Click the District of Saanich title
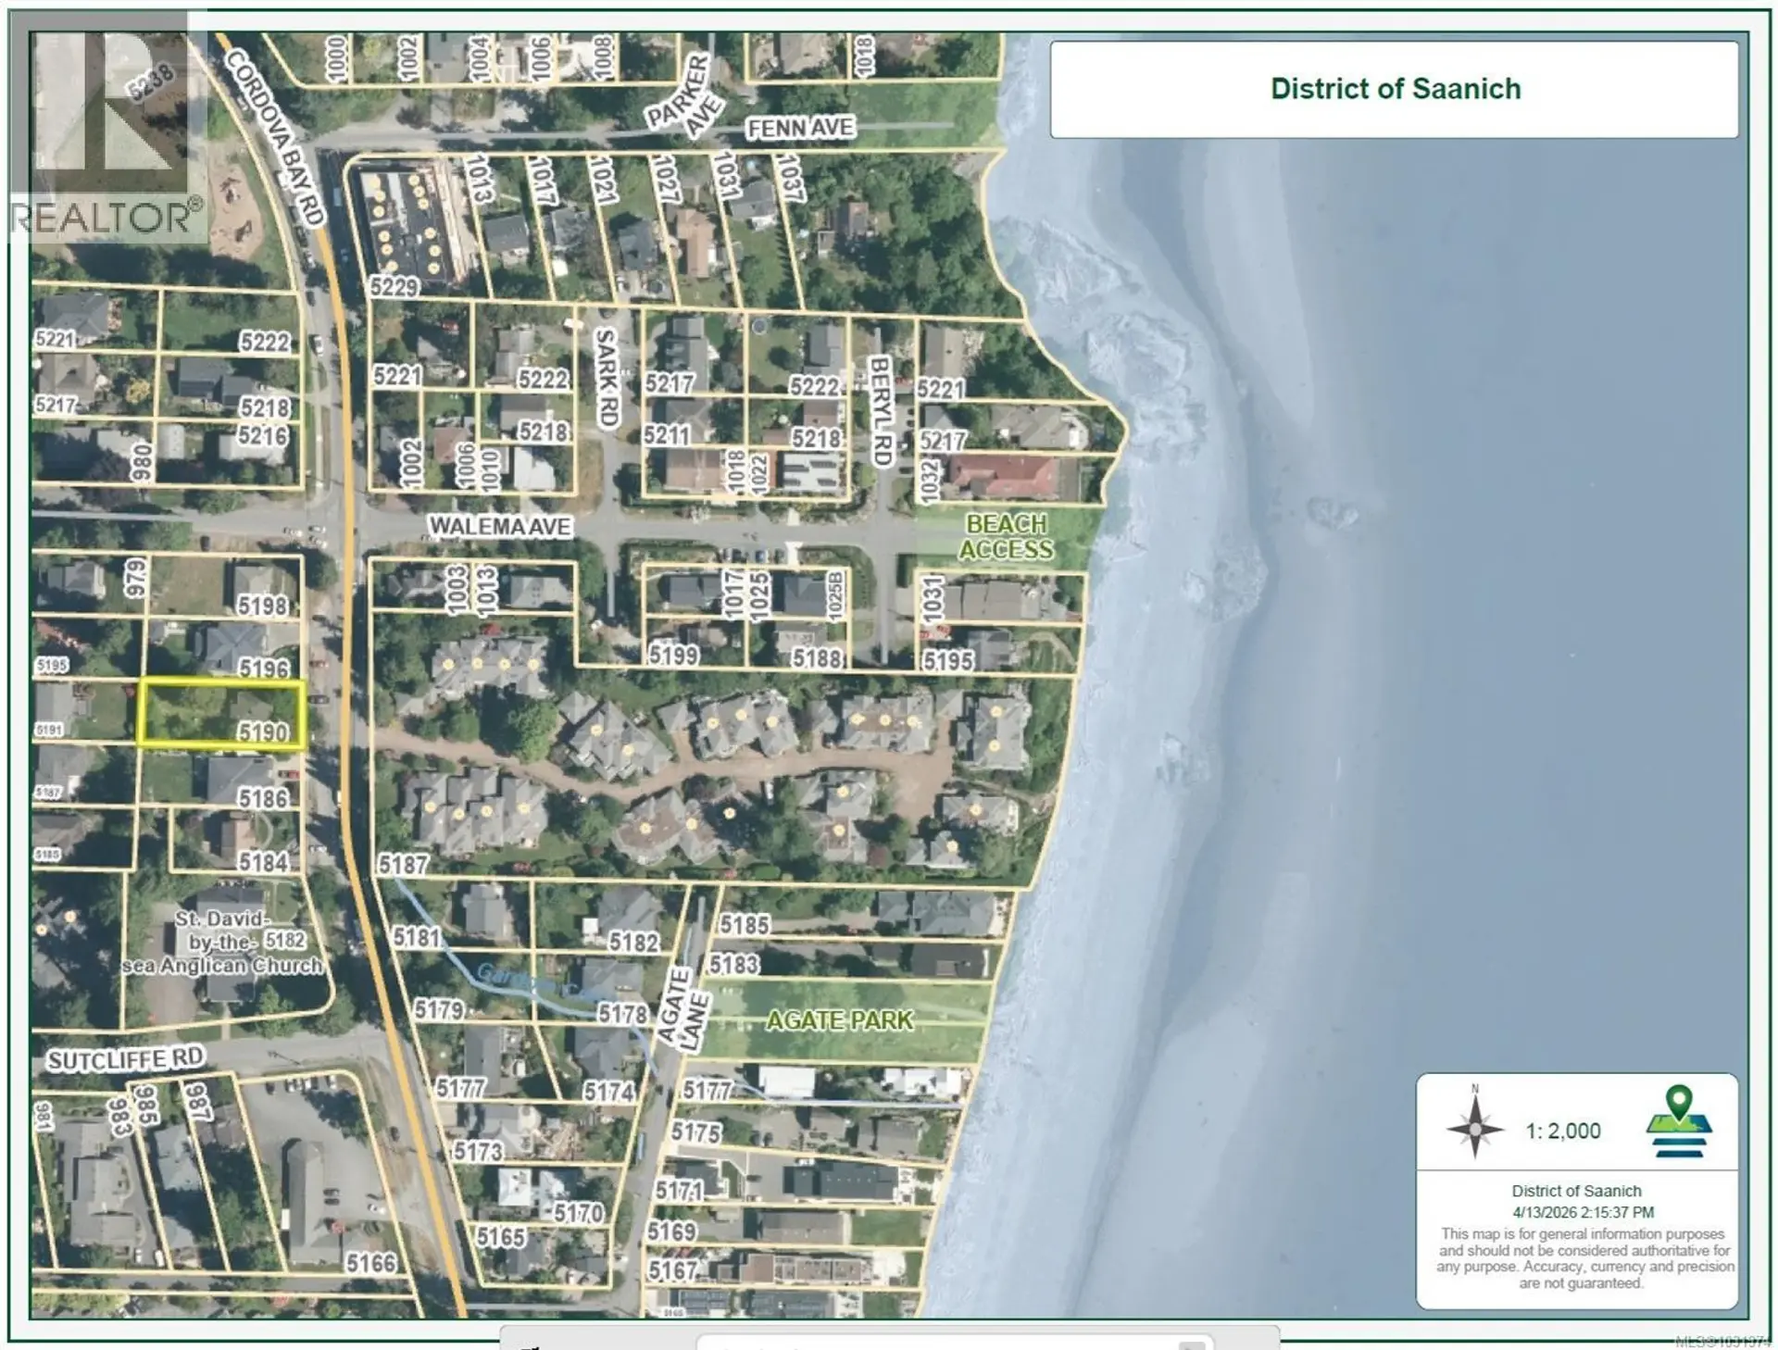click(x=1395, y=89)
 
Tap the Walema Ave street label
click(x=500, y=527)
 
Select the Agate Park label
click(x=839, y=1020)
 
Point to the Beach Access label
click(x=1006, y=537)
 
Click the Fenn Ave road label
click(x=800, y=129)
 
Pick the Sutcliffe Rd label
click(x=125, y=1059)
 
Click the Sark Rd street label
click(x=607, y=378)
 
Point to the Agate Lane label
click(x=685, y=1009)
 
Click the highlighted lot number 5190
click(x=263, y=732)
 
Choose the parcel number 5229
click(x=395, y=287)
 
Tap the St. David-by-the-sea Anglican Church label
click(x=222, y=943)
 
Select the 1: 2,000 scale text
click(x=1563, y=1131)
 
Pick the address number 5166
click(x=370, y=1263)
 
